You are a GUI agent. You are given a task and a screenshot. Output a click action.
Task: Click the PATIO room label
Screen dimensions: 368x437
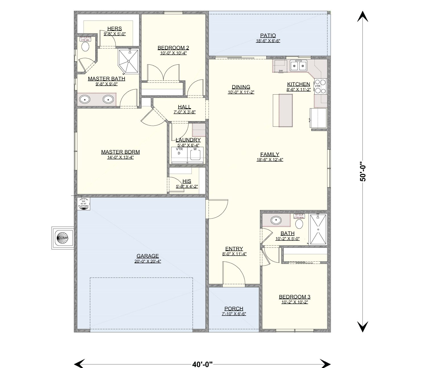[268, 36]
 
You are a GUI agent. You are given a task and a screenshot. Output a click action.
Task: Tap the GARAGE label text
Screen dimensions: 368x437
[147, 256]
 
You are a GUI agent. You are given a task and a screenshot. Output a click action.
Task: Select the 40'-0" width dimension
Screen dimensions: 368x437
[202, 364]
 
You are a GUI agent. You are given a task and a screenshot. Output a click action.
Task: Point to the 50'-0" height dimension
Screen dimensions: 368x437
[363, 172]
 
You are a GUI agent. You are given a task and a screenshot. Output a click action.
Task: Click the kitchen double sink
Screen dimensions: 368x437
[299, 66]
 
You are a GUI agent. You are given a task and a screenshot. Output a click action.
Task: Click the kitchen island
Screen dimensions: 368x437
[283, 110]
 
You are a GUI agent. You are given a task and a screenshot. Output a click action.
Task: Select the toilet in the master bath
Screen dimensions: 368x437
[85, 47]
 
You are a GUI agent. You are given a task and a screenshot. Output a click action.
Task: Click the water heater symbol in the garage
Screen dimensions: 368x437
[84, 204]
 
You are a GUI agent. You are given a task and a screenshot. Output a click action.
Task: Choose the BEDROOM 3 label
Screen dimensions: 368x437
[294, 297]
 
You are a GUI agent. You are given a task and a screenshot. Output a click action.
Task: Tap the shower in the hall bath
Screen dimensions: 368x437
[318, 229]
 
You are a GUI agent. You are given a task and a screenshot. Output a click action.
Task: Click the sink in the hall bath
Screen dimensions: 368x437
[275, 220]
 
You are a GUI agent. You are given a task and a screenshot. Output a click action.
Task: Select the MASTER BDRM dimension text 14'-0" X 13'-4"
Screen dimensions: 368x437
[120, 157]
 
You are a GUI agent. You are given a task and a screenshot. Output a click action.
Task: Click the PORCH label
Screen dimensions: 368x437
[234, 308]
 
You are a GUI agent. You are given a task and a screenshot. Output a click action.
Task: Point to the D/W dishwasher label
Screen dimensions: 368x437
[281, 71]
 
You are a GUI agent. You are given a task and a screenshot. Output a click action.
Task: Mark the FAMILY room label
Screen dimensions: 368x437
[270, 154]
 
